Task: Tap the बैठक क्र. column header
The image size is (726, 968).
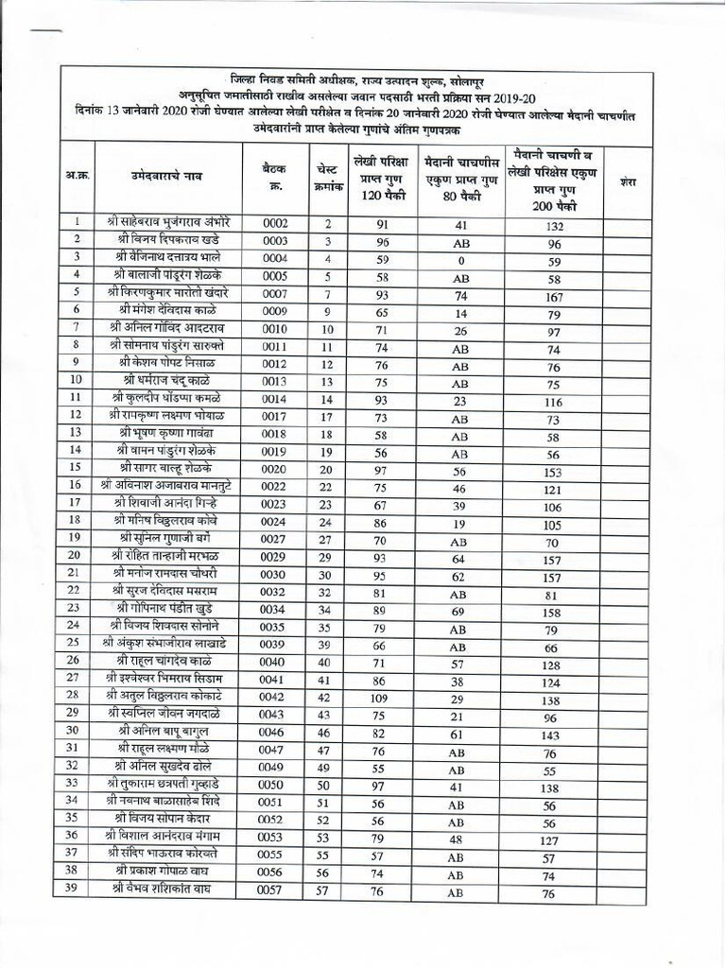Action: tap(273, 176)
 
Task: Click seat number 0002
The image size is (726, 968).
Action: tap(274, 224)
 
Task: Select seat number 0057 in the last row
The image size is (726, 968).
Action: tap(274, 891)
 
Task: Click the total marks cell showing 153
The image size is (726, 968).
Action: tap(555, 472)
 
